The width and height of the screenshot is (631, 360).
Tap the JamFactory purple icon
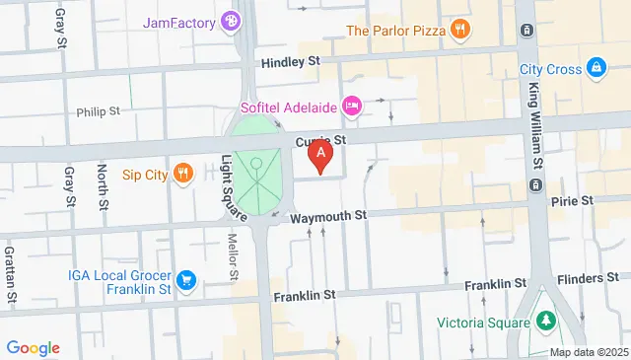(230, 20)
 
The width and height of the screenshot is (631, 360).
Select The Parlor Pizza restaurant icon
(458, 30)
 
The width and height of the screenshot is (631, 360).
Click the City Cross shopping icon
(596, 68)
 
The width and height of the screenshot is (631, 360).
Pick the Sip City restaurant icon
(181, 175)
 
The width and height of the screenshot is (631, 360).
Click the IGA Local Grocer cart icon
(185, 283)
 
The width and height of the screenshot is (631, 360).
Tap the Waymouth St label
(327, 214)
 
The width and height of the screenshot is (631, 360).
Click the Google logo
(33, 347)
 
